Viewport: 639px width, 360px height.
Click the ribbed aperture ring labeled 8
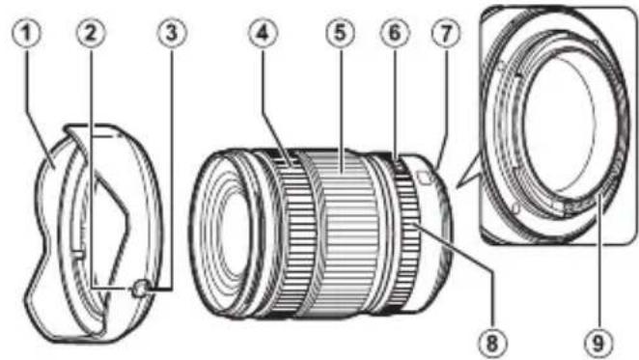tap(410, 232)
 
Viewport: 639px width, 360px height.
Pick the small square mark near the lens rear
tap(425, 177)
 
